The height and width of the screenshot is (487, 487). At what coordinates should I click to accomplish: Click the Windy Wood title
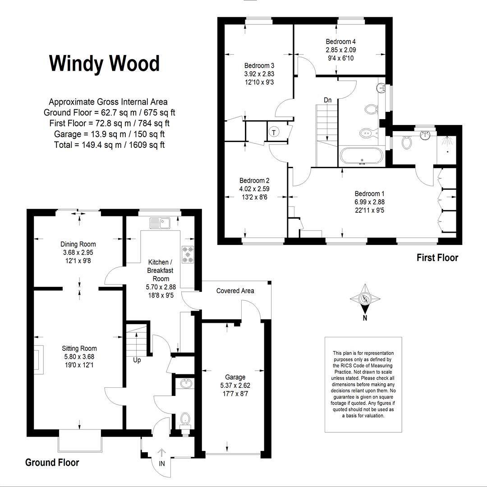[x=104, y=64]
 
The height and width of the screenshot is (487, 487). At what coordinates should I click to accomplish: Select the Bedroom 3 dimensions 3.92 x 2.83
[x=259, y=74]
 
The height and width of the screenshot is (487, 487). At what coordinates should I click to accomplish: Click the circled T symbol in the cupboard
[x=274, y=133]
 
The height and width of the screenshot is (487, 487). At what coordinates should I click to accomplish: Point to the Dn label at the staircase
[x=328, y=100]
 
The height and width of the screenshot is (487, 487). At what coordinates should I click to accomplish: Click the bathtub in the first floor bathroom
[x=362, y=156]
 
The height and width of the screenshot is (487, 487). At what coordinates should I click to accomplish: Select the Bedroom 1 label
[x=369, y=194]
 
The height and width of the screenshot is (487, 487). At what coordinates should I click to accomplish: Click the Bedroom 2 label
[x=254, y=180]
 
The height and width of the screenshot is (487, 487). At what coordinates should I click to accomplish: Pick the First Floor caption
[x=437, y=258]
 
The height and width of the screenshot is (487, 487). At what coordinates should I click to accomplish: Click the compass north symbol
[x=365, y=299]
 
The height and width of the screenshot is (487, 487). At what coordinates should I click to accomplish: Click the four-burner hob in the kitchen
[x=187, y=254]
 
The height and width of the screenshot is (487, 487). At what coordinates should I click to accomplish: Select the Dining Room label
[x=78, y=244]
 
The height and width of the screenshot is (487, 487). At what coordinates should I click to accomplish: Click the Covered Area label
[x=235, y=291]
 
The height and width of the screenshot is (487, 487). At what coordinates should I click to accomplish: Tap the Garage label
[x=235, y=377]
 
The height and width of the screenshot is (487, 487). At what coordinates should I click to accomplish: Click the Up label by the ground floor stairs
[x=137, y=360]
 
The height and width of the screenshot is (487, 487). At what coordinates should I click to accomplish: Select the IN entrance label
[x=161, y=463]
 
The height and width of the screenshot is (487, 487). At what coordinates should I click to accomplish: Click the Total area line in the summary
[x=106, y=145]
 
